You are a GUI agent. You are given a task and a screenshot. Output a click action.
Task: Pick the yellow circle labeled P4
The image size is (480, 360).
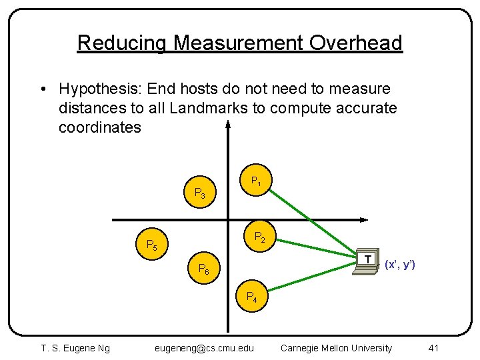[253, 297]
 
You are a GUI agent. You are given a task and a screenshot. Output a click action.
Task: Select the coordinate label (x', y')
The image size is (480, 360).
[400, 265]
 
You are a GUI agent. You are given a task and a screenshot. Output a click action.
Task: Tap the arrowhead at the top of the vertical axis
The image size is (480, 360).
[228, 124]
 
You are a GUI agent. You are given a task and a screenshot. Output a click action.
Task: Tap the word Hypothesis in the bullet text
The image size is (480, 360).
[99, 89]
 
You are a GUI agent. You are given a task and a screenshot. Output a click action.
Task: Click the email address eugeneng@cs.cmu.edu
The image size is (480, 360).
[204, 348]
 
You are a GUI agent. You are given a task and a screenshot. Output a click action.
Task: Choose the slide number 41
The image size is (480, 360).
[433, 348]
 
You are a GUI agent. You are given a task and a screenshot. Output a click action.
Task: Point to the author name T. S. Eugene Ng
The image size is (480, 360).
[75, 348]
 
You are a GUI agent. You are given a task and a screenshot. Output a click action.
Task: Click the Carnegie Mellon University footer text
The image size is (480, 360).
[337, 348]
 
